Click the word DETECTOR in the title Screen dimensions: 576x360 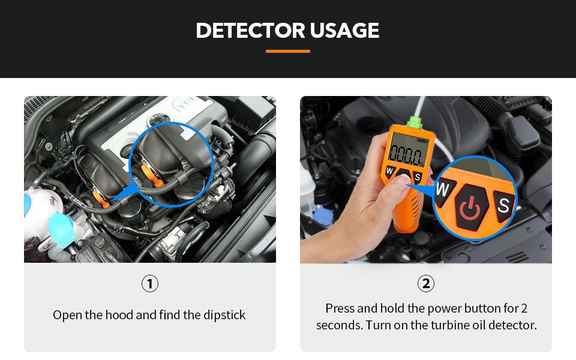tap(251, 30)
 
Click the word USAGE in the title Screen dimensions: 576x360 tap(344, 30)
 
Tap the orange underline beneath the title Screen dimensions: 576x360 tap(287, 51)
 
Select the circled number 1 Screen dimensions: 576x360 tap(150, 284)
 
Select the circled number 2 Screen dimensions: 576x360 tap(426, 284)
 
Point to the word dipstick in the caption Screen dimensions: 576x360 tap(224, 315)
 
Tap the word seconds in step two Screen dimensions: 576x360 tap(339, 325)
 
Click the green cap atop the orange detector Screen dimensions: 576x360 tap(415, 122)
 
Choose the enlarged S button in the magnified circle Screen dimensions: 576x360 tap(503, 205)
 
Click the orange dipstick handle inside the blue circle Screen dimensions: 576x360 tap(151, 175)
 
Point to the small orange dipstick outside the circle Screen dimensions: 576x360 tap(100, 199)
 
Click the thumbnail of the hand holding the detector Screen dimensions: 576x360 tap(426, 179)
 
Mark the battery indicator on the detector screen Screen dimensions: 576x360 tap(422, 141)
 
